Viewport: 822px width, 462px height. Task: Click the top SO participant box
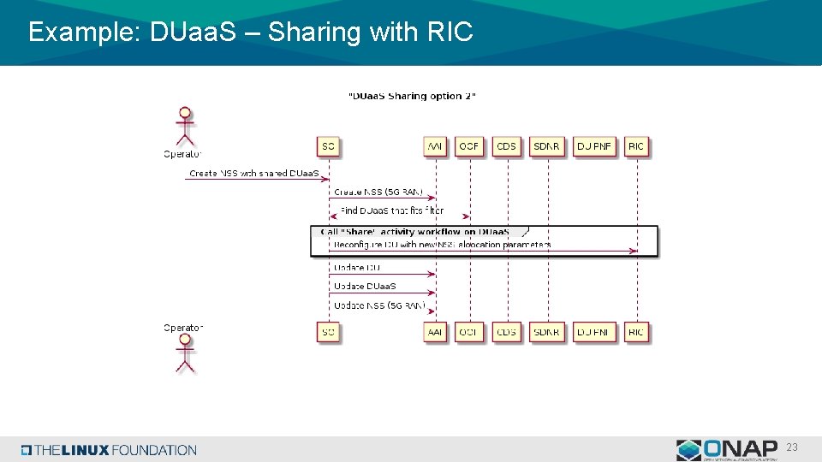pyautogui.click(x=328, y=146)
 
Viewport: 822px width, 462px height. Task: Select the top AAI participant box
pyautogui.click(x=436, y=146)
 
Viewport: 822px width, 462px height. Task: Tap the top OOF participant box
pyautogui.click(x=469, y=146)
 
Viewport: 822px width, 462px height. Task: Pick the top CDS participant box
pyautogui.click(x=507, y=146)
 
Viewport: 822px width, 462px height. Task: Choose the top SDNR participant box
pyautogui.click(x=546, y=146)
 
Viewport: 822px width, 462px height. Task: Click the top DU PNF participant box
pyautogui.click(x=594, y=146)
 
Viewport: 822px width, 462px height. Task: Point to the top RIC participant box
pyautogui.click(x=636, y=146)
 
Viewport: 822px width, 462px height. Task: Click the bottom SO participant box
pyautogui.click(x=328, y=331)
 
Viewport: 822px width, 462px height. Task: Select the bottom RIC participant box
pyautogui.click(x=636, y=331)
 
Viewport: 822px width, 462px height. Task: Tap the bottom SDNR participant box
pyautogui.click(x=546, y=331)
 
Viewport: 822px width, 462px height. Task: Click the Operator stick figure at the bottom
pyautogui.click(x=184, y=353)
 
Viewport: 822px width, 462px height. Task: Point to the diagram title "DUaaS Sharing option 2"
pyautogui.click(x=412, y=96)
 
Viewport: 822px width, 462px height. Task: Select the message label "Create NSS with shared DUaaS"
pyautogui.click(x=254, y=173)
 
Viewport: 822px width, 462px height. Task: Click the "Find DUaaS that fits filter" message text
pyautogui.click(x=391, y=210)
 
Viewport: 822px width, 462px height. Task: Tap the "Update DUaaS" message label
pyautogui.click(x=365, y=286)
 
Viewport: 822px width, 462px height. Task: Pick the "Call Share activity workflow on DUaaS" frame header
pyautogui.click(x=415, y=232)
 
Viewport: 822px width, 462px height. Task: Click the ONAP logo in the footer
pyautogui.click(x=728, y=449)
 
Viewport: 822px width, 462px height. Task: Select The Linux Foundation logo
pyautogui.click(x=110, y=450)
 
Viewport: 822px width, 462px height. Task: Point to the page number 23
pyautogui.click(x=792, y=447)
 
